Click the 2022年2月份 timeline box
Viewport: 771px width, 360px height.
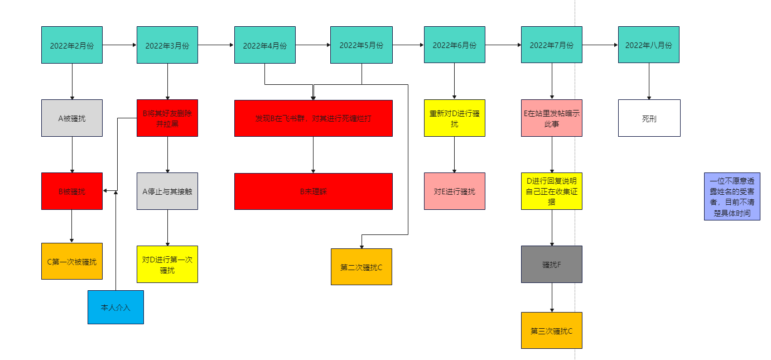pyautogui.click(x=72, y=45)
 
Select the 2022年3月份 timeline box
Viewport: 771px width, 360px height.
pyautogui.click(x=167, y=45)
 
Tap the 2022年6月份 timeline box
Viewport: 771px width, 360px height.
pyautogui.click(x=454, y=45)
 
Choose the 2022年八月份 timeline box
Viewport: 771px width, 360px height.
pyautogui.click(x=648, y=45)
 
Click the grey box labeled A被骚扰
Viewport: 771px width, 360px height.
pyautogui.click(x=72, y=118)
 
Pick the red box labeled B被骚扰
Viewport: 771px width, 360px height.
pyautogui.click(x=72, y=191)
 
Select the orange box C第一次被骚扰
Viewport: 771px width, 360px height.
pyautogui.click(x=72, y=261)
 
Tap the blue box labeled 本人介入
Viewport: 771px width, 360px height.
pyautogui.click(x=115, y=307)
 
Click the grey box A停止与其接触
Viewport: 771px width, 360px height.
pyautogui.click(x=167, y=191)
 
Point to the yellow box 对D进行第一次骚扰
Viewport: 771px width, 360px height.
pyautogui.click(x=167, y=264)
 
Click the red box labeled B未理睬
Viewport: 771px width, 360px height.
pyautogui.click(x=313, y=191)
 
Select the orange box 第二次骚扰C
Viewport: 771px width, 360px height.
pyautogui.click(x=362, y=267)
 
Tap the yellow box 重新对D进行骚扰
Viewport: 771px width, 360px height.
pyautogui.click(x=454, y=118)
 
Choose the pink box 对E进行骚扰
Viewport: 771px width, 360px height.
pyautogui.click(x=454, y=191)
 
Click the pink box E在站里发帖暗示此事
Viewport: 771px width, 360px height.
pyautogui.click(x=552, y=118)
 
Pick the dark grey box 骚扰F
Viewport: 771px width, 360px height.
pyautogui.click(x=552, y=264)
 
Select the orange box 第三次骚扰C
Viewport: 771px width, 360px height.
pyautogui.click(x=552, y=330)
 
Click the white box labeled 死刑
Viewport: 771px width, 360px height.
pyautogui.click(x=649, y=118)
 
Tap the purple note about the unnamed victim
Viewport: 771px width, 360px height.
pyautogui.click(x=732, y=196)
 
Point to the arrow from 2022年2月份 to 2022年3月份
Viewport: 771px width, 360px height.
pyautogui.click(x=119, y=45)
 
